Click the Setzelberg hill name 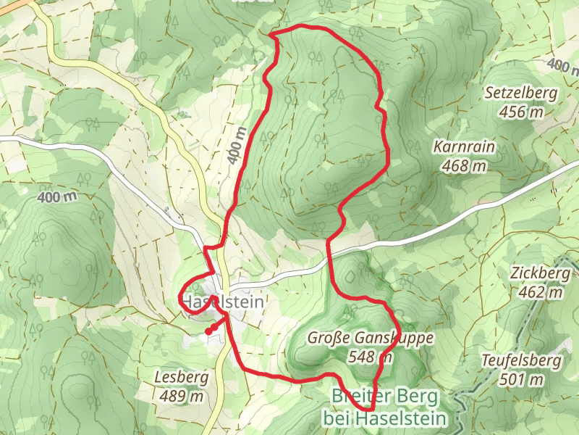520,93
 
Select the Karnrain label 464,147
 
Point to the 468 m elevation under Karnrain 464,166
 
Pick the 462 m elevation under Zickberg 540,292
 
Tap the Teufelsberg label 522,360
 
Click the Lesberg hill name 182,377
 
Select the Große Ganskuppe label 370,338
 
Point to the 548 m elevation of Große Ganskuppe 370,356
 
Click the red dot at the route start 208,331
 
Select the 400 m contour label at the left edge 56,196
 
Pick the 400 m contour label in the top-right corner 562,67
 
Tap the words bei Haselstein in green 384,418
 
